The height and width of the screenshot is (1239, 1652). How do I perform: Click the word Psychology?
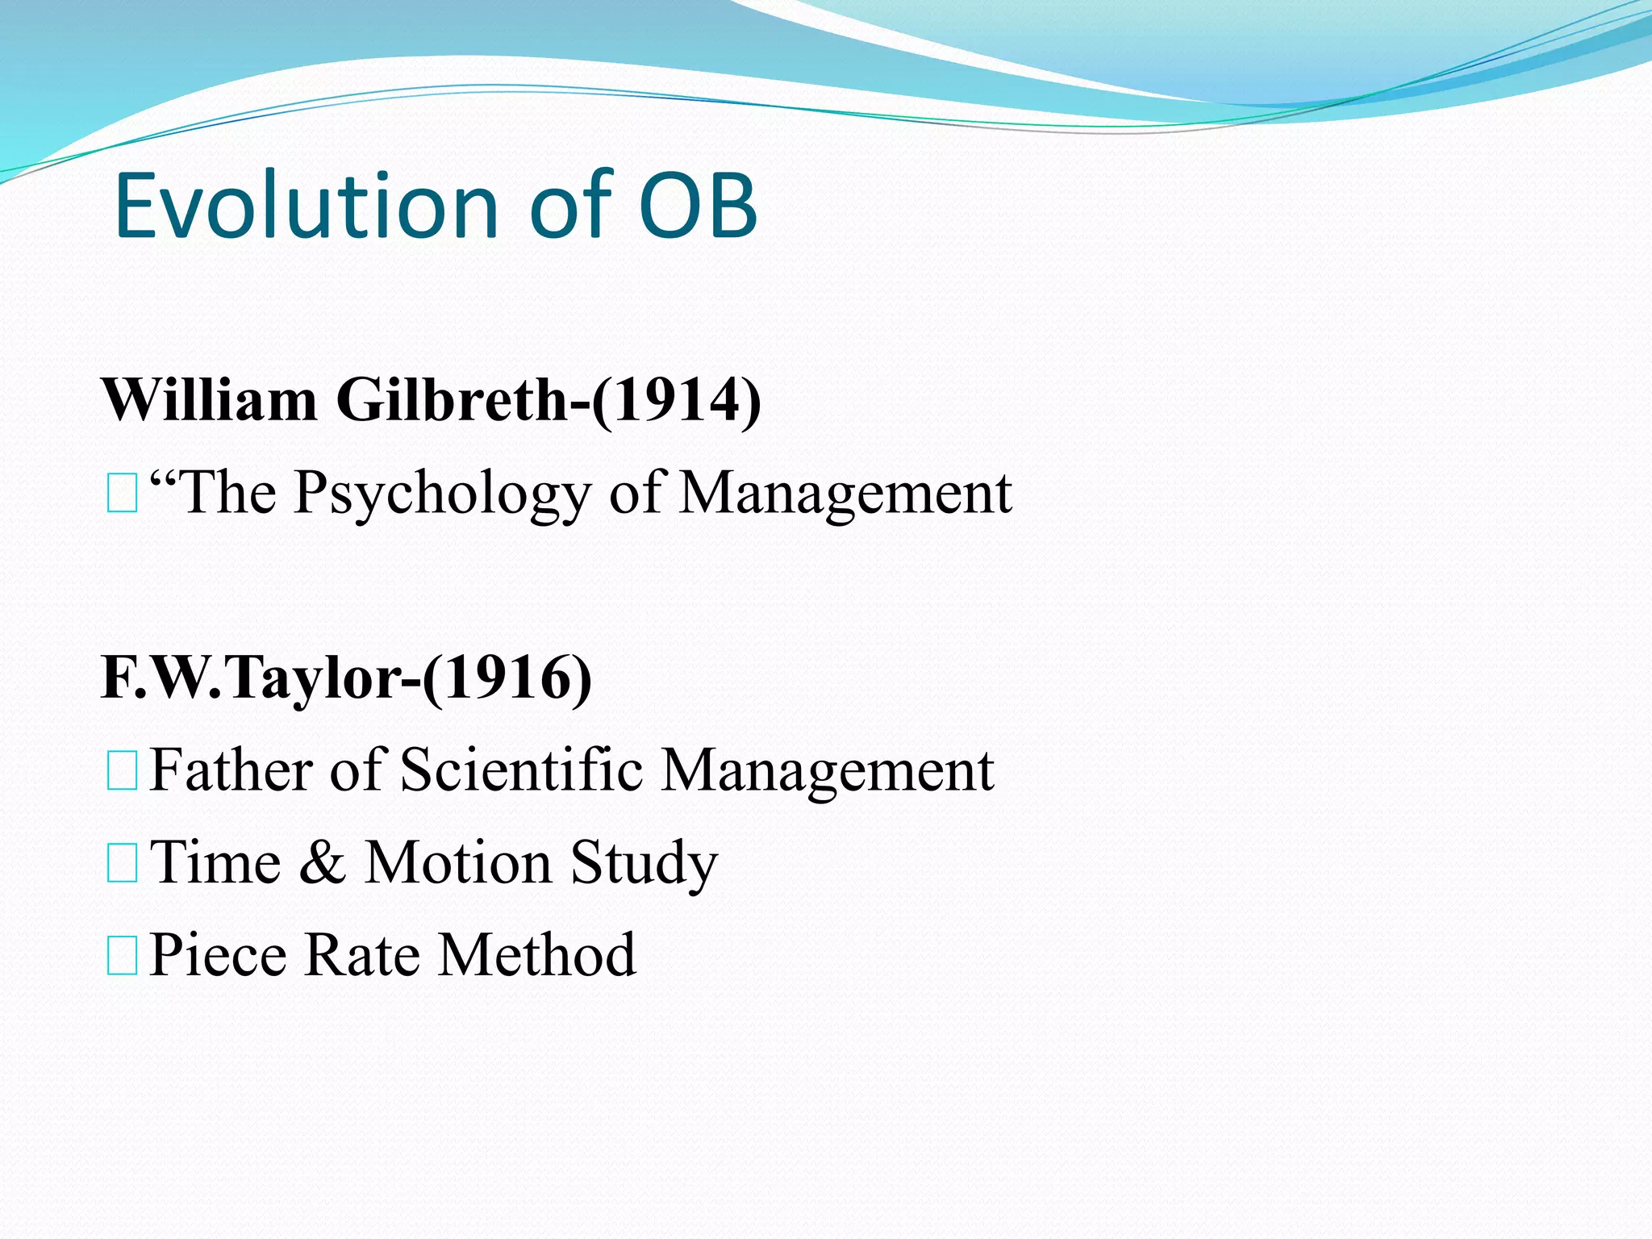pos(442,494)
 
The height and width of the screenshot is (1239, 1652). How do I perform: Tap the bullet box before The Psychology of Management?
pos(122,494)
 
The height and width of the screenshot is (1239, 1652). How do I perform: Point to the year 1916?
pos(507,678)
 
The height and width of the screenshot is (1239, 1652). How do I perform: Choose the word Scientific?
pos(521,770)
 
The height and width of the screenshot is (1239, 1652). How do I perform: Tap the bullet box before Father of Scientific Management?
pos(122,770)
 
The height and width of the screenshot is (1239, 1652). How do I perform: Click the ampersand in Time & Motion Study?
pos(323,862)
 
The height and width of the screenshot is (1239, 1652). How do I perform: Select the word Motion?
pos(458,862)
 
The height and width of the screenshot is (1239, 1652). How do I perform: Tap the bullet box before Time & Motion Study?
pos(122,863)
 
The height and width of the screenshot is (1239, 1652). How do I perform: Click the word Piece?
pos(218,955)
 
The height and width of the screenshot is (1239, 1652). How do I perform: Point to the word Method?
pos(537,955)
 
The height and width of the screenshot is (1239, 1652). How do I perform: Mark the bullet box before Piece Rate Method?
pos(122,956)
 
